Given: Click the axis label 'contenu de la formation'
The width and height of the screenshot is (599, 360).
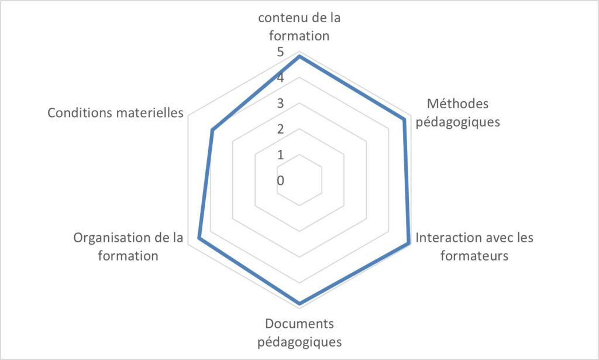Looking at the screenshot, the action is (299, 27).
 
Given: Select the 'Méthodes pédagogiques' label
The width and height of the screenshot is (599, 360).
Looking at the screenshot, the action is (457, 113).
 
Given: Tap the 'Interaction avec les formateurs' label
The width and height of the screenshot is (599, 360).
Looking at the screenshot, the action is (474, 246).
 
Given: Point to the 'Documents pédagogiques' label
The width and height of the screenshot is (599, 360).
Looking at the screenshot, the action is (299, 332).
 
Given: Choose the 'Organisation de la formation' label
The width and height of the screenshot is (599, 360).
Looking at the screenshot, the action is (128, 246).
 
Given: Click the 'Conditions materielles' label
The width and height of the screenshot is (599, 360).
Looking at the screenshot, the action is (115, 113).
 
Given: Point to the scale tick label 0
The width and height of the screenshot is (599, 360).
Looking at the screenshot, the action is (281, 180).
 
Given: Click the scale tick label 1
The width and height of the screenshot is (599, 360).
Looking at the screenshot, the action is (281, 155).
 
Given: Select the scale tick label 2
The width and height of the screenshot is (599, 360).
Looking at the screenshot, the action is (281, 129).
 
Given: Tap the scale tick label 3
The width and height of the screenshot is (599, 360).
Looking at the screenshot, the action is (281, 103).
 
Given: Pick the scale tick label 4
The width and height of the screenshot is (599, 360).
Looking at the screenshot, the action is (281, 78).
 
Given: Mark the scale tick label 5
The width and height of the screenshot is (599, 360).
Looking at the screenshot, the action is (281, 52).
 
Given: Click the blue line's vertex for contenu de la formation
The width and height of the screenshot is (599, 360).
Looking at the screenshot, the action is (299, 57).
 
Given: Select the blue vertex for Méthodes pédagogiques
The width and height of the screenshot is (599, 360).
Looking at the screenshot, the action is (404, 120).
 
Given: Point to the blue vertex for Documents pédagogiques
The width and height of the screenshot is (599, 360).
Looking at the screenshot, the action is (299, 304).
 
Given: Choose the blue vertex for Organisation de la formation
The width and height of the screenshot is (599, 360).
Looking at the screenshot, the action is (199, 238).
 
